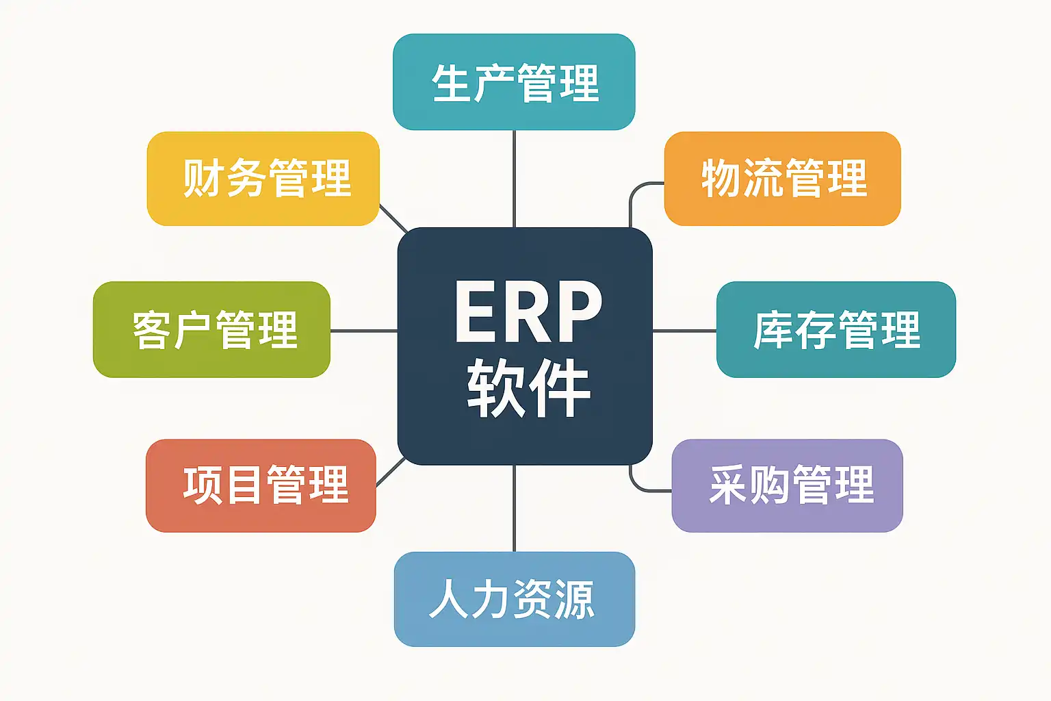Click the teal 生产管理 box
514,81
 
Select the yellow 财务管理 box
263,178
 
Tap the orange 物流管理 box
782,178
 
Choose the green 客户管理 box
211,329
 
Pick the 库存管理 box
835,329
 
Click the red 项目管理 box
261,485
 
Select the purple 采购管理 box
787,485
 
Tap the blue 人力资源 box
514,599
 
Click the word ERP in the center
528,311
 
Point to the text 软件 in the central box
528,388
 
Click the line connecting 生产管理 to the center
514,178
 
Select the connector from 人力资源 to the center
514,508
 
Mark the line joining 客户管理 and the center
363,331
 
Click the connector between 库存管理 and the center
684,331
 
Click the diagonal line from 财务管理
393,218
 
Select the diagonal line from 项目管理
391,472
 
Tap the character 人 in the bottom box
448,599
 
